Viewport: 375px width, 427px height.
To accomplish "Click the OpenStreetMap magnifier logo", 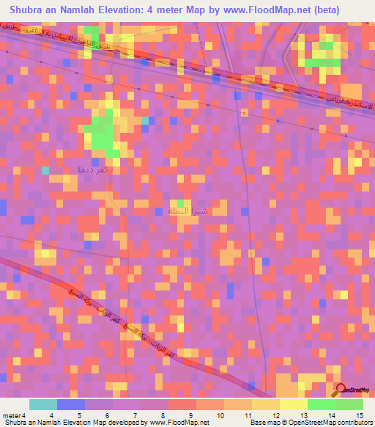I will pos(341,390).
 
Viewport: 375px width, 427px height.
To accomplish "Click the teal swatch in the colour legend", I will pos(43,404).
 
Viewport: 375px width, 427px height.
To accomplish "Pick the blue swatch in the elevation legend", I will pos(71,404).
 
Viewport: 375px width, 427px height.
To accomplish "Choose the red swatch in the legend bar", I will pos(182,404).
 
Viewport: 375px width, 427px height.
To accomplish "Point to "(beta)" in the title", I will pos(348,10).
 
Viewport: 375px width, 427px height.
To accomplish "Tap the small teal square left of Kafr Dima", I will pos(45,170).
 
